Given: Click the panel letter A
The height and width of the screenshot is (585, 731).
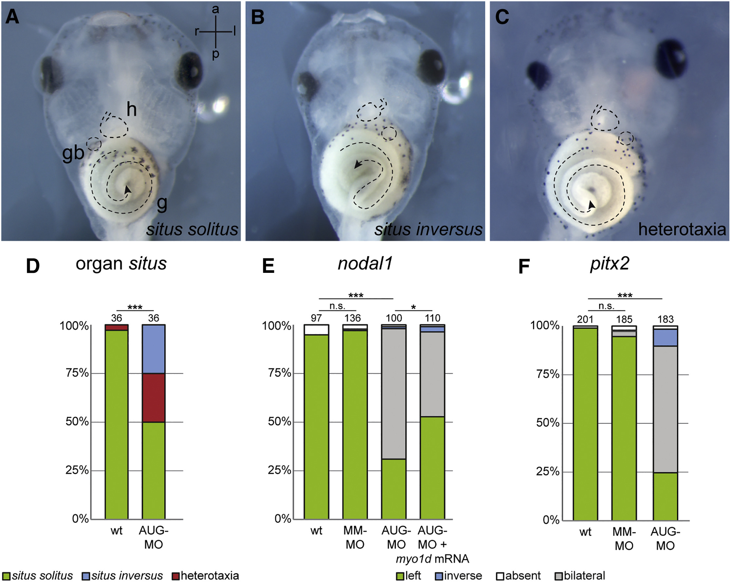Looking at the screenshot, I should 12,17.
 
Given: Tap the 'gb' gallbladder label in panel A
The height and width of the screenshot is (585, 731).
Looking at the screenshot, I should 73,153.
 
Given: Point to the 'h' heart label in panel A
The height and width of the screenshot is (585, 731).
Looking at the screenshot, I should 132,110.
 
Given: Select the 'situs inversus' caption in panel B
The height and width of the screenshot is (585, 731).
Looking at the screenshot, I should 428,230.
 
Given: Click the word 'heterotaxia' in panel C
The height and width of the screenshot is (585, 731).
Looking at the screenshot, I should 682,230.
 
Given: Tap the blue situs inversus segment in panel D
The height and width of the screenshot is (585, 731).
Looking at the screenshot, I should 154,349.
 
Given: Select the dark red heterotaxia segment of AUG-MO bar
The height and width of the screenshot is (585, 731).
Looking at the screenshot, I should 154,398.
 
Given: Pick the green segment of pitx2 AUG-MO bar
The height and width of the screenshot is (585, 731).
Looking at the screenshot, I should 665,496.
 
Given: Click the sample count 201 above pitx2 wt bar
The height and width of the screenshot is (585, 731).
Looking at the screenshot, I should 585,319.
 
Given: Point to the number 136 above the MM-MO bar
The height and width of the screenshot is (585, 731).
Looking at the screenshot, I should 353,318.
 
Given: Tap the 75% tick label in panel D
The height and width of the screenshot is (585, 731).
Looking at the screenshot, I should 77,373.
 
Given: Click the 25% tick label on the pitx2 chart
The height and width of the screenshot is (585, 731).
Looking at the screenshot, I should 548,471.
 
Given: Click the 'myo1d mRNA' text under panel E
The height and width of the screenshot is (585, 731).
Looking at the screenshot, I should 432,559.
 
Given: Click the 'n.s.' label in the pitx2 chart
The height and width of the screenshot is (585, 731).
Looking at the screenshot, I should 606,306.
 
